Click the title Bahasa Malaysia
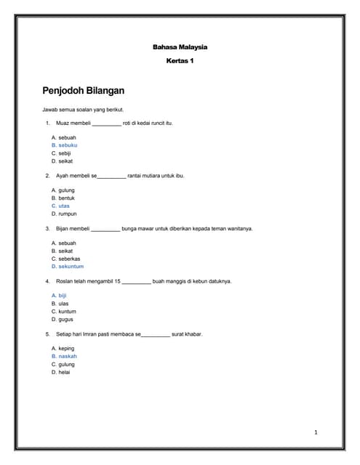(180, 47)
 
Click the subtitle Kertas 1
(180, 61)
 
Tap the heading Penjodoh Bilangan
(84, 91)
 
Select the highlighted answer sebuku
(68, 145)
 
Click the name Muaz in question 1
(63, 124)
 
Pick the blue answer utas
(64, 206)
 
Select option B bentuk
(66, 198)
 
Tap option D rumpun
(67, 214)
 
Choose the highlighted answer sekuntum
(71, 267)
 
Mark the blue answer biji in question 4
(63, 296)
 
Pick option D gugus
(65, 319)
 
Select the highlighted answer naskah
(68, 357)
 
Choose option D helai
(65, 372)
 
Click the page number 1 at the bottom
(316, 433)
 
